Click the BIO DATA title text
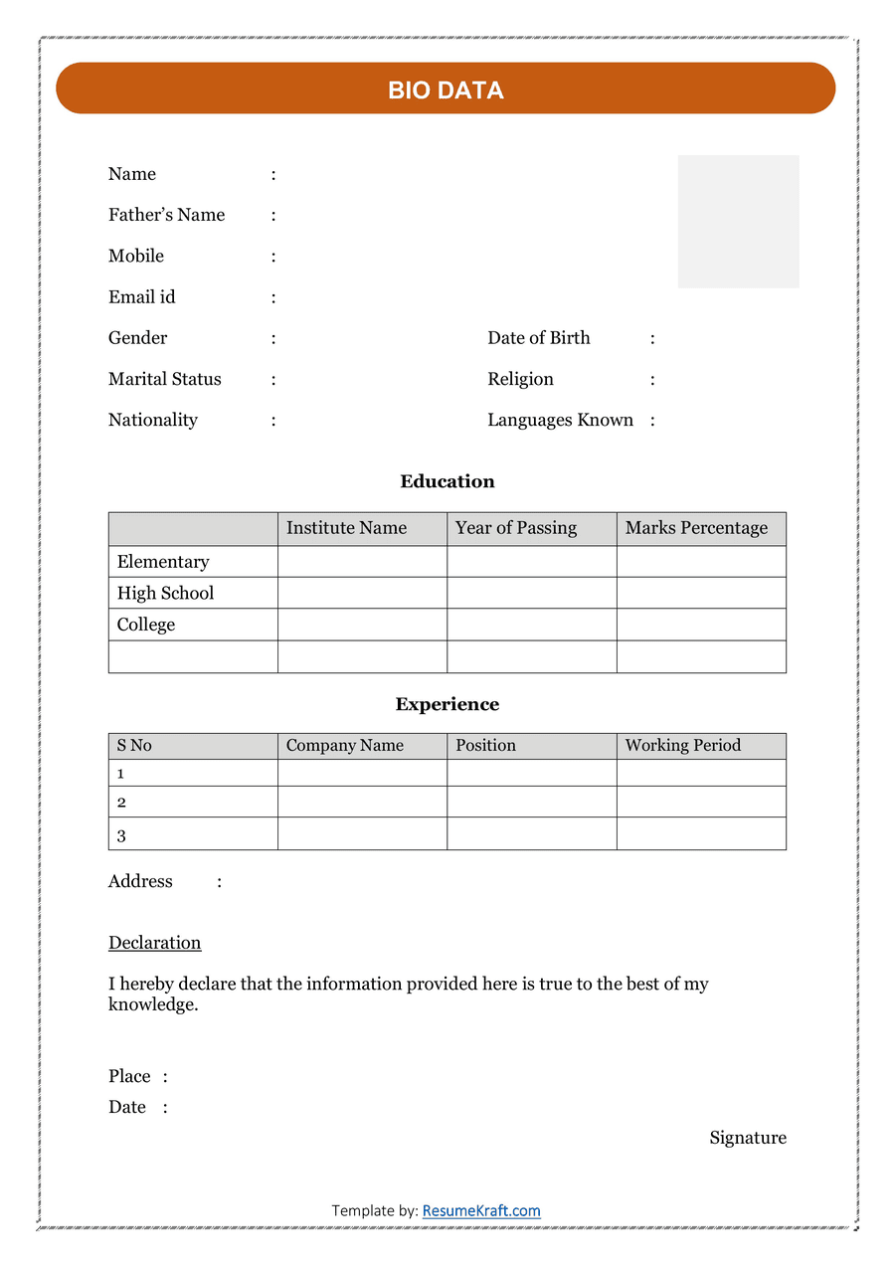click(446, 90)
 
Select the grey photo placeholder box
click(738, 221)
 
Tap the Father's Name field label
click(166, 215)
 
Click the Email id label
click(141, 296)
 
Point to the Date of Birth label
click(538, 338)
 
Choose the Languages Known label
click(560, 420)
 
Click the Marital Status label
click(164, 379)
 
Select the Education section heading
click(447, 481)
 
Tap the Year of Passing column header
click(515, 528)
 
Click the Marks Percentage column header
click(696, 528)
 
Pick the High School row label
click(165, 593)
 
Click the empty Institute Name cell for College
click(362, 625)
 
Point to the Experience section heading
click(447, 704)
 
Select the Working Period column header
click(682, 745)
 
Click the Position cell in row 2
click(531, 802)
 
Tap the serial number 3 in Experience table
click(121, 835)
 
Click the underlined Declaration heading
click(154, 943)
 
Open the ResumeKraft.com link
click(481, 1210)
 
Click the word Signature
click(748, 1138)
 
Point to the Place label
click(129, 1076)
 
